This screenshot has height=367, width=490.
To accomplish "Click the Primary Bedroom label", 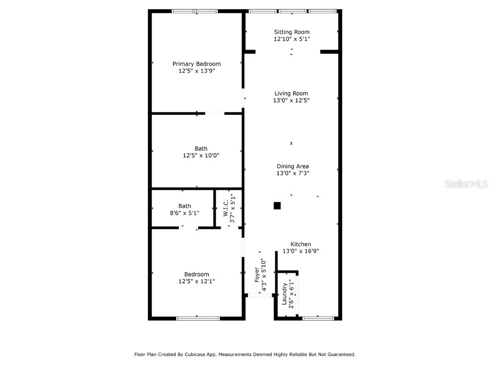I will (196, 64).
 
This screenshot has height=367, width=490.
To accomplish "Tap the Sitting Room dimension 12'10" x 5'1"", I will (291, 39).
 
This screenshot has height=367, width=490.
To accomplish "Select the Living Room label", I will (291, 94).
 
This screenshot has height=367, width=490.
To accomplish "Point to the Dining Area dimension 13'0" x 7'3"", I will (292, 173).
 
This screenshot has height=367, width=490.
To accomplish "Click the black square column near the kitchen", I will (277, 205).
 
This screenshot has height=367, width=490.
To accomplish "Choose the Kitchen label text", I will (301, 244).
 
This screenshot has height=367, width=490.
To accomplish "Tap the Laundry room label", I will (284, 293).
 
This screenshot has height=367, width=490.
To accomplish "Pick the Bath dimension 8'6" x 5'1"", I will (184, 213).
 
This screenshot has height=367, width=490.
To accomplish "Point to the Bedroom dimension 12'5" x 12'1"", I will (196, 281).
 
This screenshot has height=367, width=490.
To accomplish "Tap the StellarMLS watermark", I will (466, 183).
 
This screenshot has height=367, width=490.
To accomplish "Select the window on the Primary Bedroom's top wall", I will (195, 11).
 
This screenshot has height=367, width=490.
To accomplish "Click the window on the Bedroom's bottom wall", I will (198, 318).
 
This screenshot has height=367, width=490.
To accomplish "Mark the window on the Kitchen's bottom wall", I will (318, 318).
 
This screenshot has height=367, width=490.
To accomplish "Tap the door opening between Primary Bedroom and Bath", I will (215, 114).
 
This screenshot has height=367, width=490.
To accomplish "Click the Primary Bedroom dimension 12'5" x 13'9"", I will (196, 71).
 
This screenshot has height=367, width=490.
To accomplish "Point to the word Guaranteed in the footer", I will (338, 355).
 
